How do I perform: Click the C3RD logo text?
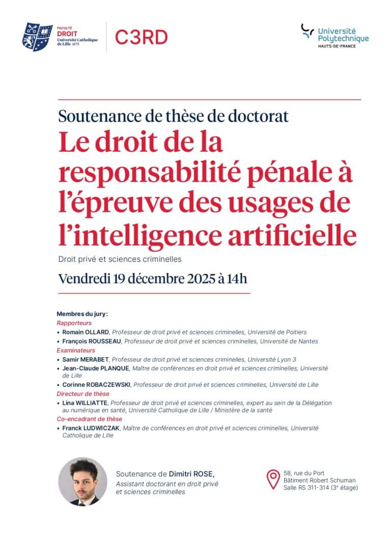coord(141,37)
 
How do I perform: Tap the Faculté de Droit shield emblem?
coord(37,37)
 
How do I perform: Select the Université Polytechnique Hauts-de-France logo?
coord(334,35)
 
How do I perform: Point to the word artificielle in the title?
coord(298,235)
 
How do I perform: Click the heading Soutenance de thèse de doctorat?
coord(173,116)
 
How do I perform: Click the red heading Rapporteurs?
coord(74,323)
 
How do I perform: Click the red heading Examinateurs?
coord(76,350)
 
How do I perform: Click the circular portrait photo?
coord(82,481)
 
